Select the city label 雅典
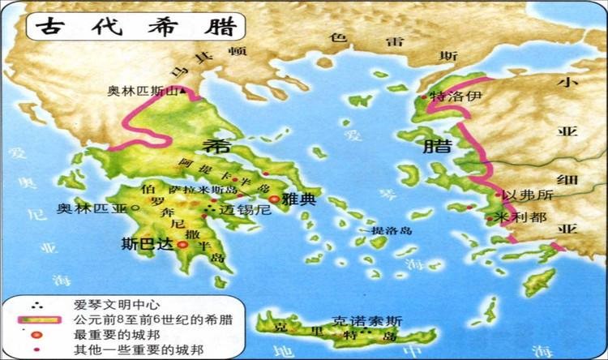tap(299, 198)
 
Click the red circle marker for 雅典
tap(274, 198)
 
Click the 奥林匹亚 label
tap(92, 208)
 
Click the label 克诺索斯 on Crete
tap(359, 321)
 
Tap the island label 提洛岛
tap(392, 231)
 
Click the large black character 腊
tap(433, 146)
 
